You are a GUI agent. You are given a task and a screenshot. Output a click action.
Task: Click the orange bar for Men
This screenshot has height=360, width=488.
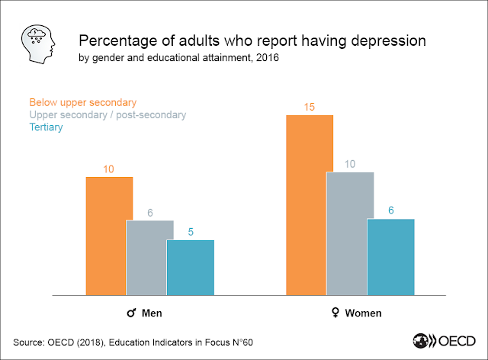click(x=110, y=236)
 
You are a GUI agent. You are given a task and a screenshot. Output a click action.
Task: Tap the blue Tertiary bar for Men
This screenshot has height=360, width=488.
click(x=190, y=267)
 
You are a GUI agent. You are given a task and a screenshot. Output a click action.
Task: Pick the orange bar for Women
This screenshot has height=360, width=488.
click(x=310, y=204)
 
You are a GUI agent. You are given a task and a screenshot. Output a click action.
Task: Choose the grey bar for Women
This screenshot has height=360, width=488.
click(x=350, y=233)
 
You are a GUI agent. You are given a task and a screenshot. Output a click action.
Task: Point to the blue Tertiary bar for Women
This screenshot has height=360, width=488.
click(x=390, y=256)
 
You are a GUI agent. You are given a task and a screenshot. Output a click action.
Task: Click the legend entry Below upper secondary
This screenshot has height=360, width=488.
click(x=82, y=102)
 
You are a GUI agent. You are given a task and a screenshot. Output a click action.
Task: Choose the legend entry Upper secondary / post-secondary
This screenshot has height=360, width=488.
click(x=108, y=114)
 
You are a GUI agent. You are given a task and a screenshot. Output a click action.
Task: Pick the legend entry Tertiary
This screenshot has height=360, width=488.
click(x=46, y=127)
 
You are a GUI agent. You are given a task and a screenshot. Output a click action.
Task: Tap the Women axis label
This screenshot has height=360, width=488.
click(x=363, y=313)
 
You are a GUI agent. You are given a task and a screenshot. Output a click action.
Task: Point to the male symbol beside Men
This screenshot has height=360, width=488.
click(x=131, y=313)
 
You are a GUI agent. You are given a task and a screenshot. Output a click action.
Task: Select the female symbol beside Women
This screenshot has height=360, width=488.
click(x=333, y=313)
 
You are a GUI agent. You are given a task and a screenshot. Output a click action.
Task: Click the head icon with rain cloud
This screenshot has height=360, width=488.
click(x=37, y=43)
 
